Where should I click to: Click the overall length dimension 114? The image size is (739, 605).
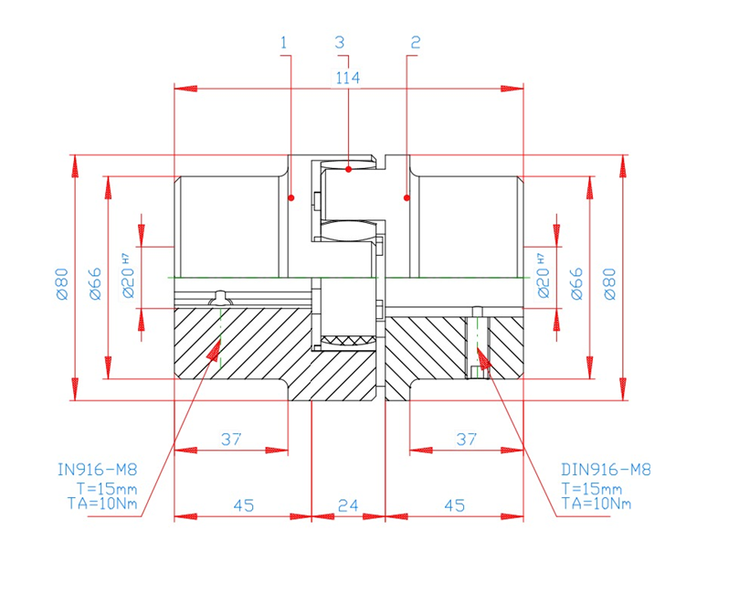click(348, 78)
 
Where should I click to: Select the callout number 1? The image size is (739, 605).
click(284, 43)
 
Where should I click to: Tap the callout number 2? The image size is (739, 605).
click(416, 42)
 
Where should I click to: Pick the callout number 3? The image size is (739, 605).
click(340, 42)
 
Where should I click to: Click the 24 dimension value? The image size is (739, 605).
click(348, 505)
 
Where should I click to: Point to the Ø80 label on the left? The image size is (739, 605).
click(62, 284)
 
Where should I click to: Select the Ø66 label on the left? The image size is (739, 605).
click(95, 283)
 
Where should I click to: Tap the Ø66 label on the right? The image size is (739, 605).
click(576, 283)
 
